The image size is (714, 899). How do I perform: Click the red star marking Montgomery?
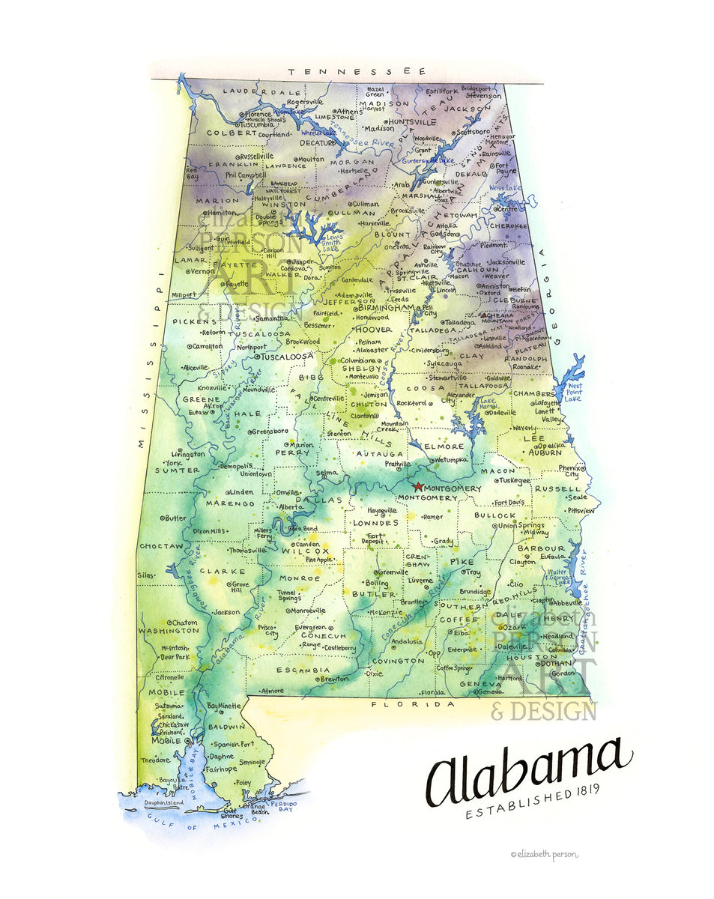click(418, 487)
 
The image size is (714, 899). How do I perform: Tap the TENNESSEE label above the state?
click(357, 71)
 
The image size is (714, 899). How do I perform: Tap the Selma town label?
click(327, 473)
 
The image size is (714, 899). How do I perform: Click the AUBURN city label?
click(545, 452)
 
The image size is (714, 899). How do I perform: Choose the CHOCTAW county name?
click(161, 546)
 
